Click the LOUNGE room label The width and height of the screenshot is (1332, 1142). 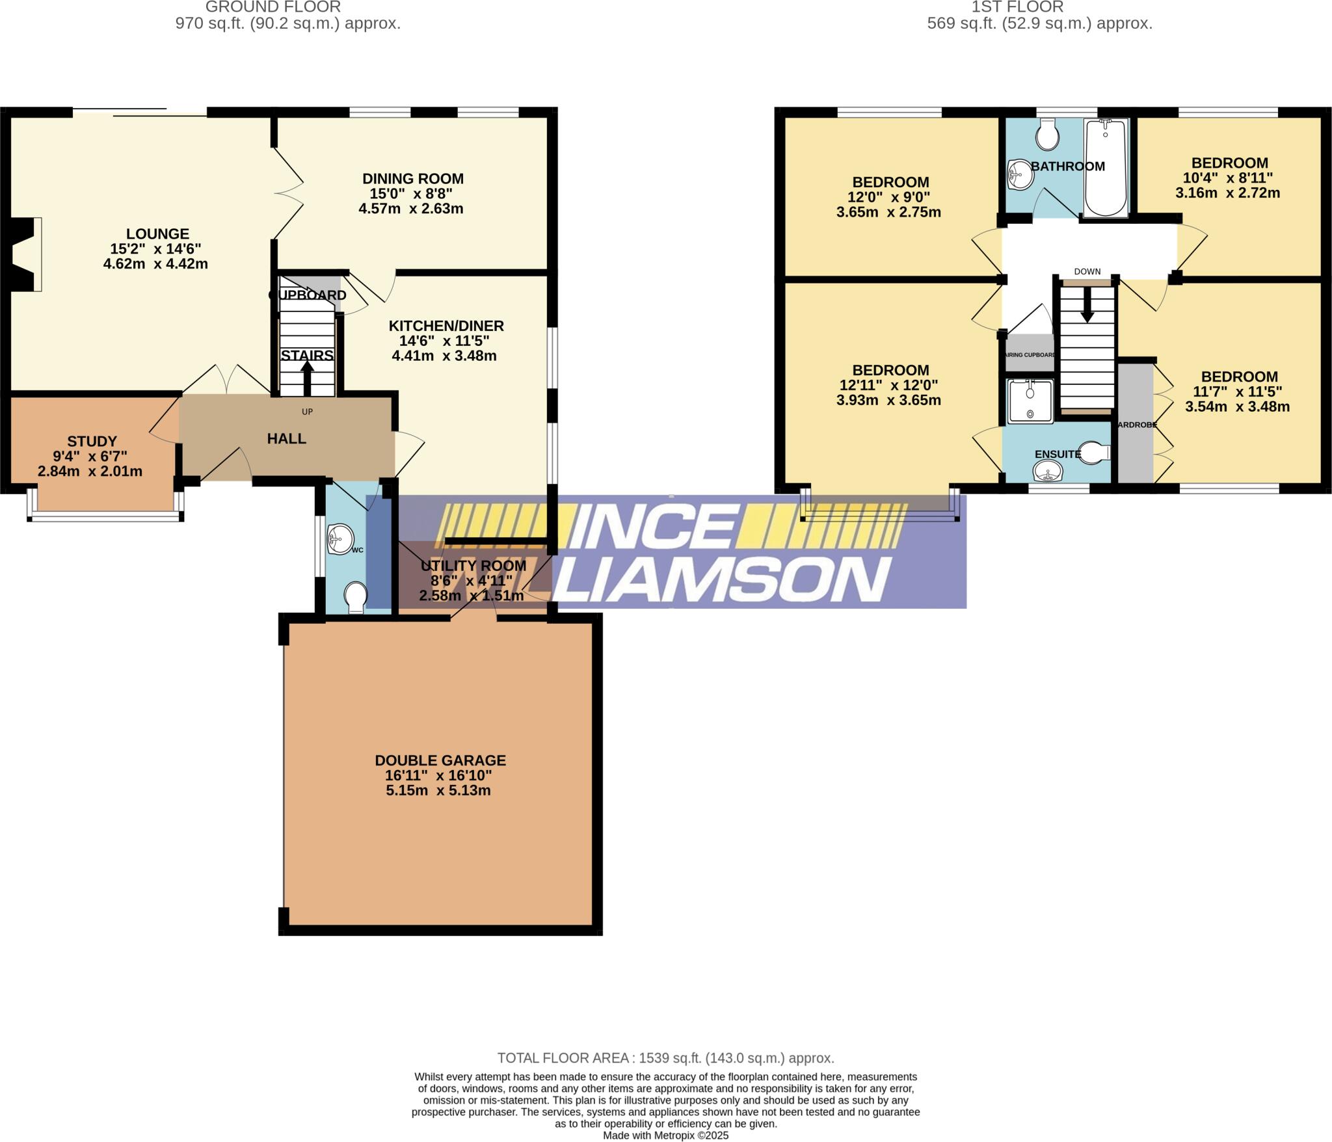pyautogui.click(x=157, y=233)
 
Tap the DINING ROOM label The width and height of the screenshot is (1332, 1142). pyautogui.click(x=412, y=178)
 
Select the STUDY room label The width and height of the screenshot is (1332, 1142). pyautogui.click(x=92, y=442)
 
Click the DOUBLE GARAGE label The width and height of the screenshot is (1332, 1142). pyautogui.click(x=440, y=760)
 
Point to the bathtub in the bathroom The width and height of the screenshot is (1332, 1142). pyautogui.click(x=1106, y=168)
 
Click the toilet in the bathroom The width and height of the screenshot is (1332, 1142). pyautogui.click(x=1047, y=135)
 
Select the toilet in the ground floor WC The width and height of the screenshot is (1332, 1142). pyautogui.click(x=356, y=597)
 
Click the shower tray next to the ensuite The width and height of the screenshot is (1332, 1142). pyautogui.click(x=1030, y=402)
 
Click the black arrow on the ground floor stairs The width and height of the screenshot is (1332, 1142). pyautogui.click(x=307, y=377)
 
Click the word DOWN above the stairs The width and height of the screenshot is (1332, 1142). pyautogui.click(x=1087, y=271)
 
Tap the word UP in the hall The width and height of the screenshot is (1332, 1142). pyautogui.click(x=307, y=411)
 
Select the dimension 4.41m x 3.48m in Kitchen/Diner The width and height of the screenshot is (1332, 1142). pyautogui.click(x=444, y=356)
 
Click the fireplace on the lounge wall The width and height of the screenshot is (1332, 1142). pyautogui.click(x=26, y=254)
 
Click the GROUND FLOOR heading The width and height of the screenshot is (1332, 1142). pyautogui.click(x=273, y=7)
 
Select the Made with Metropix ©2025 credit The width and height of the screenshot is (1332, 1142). pyautogui.click(x=665, y=1135)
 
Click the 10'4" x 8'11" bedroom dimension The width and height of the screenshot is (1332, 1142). pyautogui.click(x=1227, y=178)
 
